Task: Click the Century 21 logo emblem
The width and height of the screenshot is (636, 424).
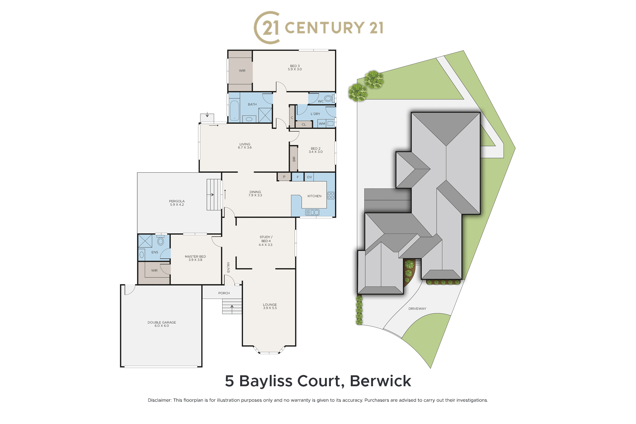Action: (267, 27)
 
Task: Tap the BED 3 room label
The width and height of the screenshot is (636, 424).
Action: (295, 66)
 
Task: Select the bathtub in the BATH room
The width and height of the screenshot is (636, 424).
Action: (234, 111)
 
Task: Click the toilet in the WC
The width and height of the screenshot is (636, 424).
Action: (328, 98)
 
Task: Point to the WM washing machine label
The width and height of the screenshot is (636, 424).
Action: (322, 124)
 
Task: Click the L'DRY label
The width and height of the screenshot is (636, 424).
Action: (315, 114)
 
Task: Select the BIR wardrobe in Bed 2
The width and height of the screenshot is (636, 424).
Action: (294, 159)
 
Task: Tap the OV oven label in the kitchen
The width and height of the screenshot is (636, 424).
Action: (309, 177)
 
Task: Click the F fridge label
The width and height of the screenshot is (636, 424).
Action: (298, 177)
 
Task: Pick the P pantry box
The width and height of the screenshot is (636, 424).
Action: (284, 177)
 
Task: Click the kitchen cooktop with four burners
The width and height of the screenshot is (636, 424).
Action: (331, 195)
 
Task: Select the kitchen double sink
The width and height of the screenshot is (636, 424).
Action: (312, 212)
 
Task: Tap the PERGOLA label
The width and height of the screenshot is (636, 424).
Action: (177, 201)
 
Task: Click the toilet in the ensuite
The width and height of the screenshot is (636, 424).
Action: (161, 241)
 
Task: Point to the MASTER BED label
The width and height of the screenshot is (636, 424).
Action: (195, 257)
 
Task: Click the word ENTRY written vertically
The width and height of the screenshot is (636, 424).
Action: (229, 267)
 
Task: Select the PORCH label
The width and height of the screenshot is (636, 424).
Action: (224, 293)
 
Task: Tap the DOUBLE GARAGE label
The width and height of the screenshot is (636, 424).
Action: (162, 322)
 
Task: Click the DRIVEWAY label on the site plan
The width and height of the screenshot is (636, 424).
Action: (417, 309)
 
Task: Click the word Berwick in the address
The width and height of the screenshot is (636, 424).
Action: (381, 381)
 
